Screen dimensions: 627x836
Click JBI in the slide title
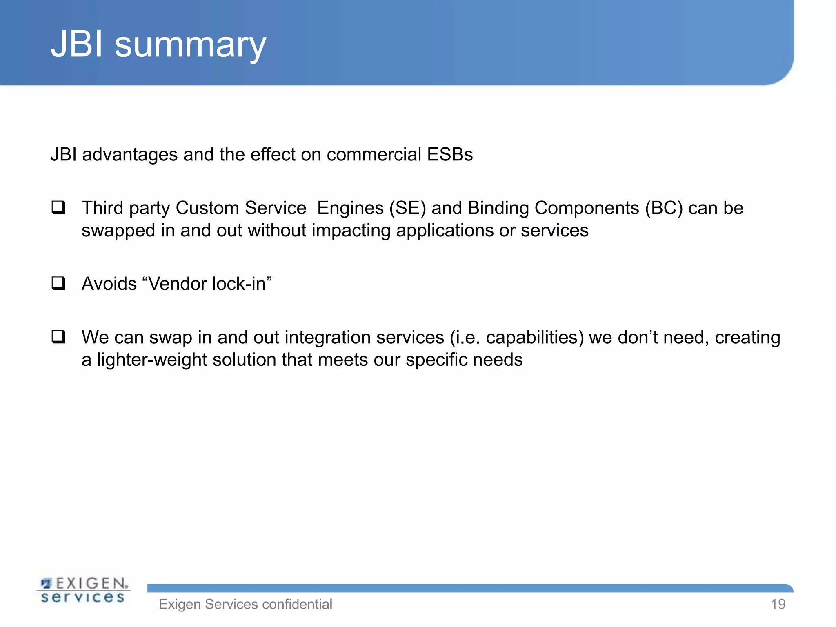(77, 44)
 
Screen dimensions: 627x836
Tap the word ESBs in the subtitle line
(449, 155)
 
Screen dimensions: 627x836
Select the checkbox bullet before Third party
(58, 208)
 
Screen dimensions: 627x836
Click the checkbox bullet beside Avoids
(58, 283)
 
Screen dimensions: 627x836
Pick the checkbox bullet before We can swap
(58, 337)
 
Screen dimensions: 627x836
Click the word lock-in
(241, 284)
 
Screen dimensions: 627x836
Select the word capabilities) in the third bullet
(535, 338)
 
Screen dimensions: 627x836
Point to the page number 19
(778, 604)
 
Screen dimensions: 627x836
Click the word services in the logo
(83, 598)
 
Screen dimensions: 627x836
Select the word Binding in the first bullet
(498, 208)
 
